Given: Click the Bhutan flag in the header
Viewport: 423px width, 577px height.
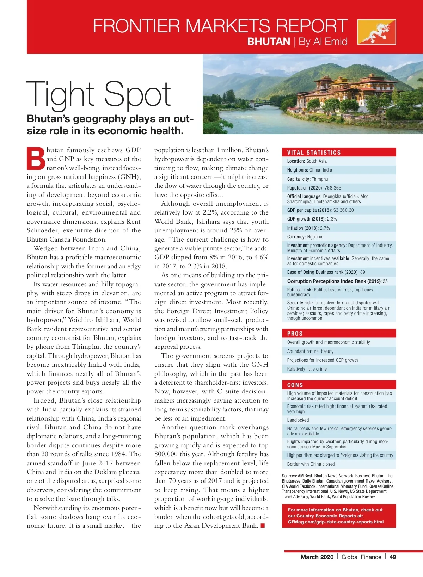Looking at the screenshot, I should click(376, 32).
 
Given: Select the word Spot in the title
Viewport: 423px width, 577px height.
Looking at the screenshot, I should click(137, 94).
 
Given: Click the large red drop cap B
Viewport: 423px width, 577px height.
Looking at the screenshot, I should click(36, 159).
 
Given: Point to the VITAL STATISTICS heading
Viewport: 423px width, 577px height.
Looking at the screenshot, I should click(314, 153).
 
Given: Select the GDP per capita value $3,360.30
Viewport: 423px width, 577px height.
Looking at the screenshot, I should click(343, 210).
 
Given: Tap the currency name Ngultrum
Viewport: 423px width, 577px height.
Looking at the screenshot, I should click(315, 237).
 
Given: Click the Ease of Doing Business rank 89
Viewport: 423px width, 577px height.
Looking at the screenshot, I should click(362, 272).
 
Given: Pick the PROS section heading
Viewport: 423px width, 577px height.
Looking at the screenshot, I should click(295, 334).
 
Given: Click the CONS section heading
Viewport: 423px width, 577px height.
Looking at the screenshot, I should click(295, 385).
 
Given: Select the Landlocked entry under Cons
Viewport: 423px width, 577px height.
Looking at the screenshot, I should click(298, 420).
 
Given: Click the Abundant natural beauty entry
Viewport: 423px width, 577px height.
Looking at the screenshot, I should click(310, 351).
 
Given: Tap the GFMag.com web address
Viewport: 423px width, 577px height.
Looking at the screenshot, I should click(336, 522).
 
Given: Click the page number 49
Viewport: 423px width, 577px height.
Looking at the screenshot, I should click(393, 557).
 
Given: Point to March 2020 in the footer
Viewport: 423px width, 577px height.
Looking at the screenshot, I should click(317, 557).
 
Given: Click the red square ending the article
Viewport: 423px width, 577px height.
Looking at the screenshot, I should click(263, 526).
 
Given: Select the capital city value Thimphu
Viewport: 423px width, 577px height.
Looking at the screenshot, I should click(320, 179).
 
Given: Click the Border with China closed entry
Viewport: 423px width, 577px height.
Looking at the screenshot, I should click(311, 464).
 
